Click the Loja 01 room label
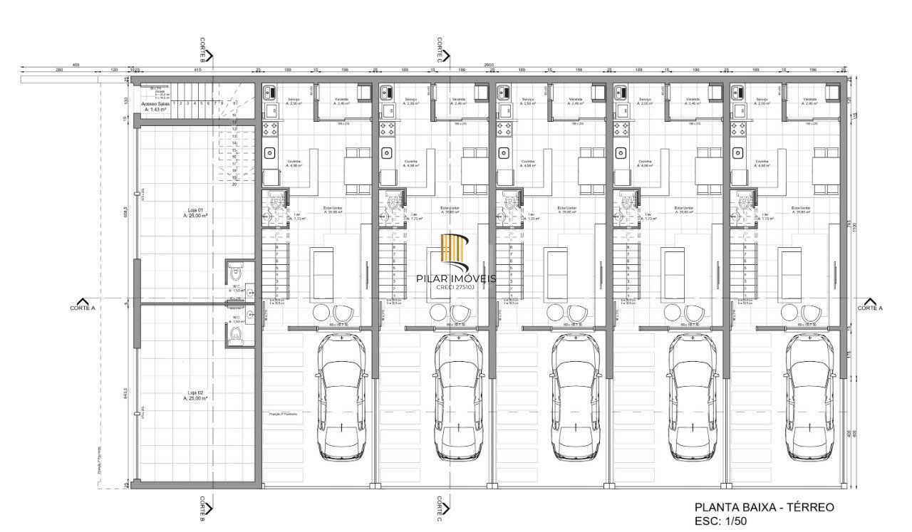coord(195,212)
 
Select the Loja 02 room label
coord(195,396)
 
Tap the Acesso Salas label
coord(155,107)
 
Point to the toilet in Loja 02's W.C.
coord(237,333)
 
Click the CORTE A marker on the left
coord(83,306)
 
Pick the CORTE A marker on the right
coord(870,306)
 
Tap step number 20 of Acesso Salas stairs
coord(234,184)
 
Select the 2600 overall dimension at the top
coord(488,65)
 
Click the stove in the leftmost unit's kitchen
coord(271,129)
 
